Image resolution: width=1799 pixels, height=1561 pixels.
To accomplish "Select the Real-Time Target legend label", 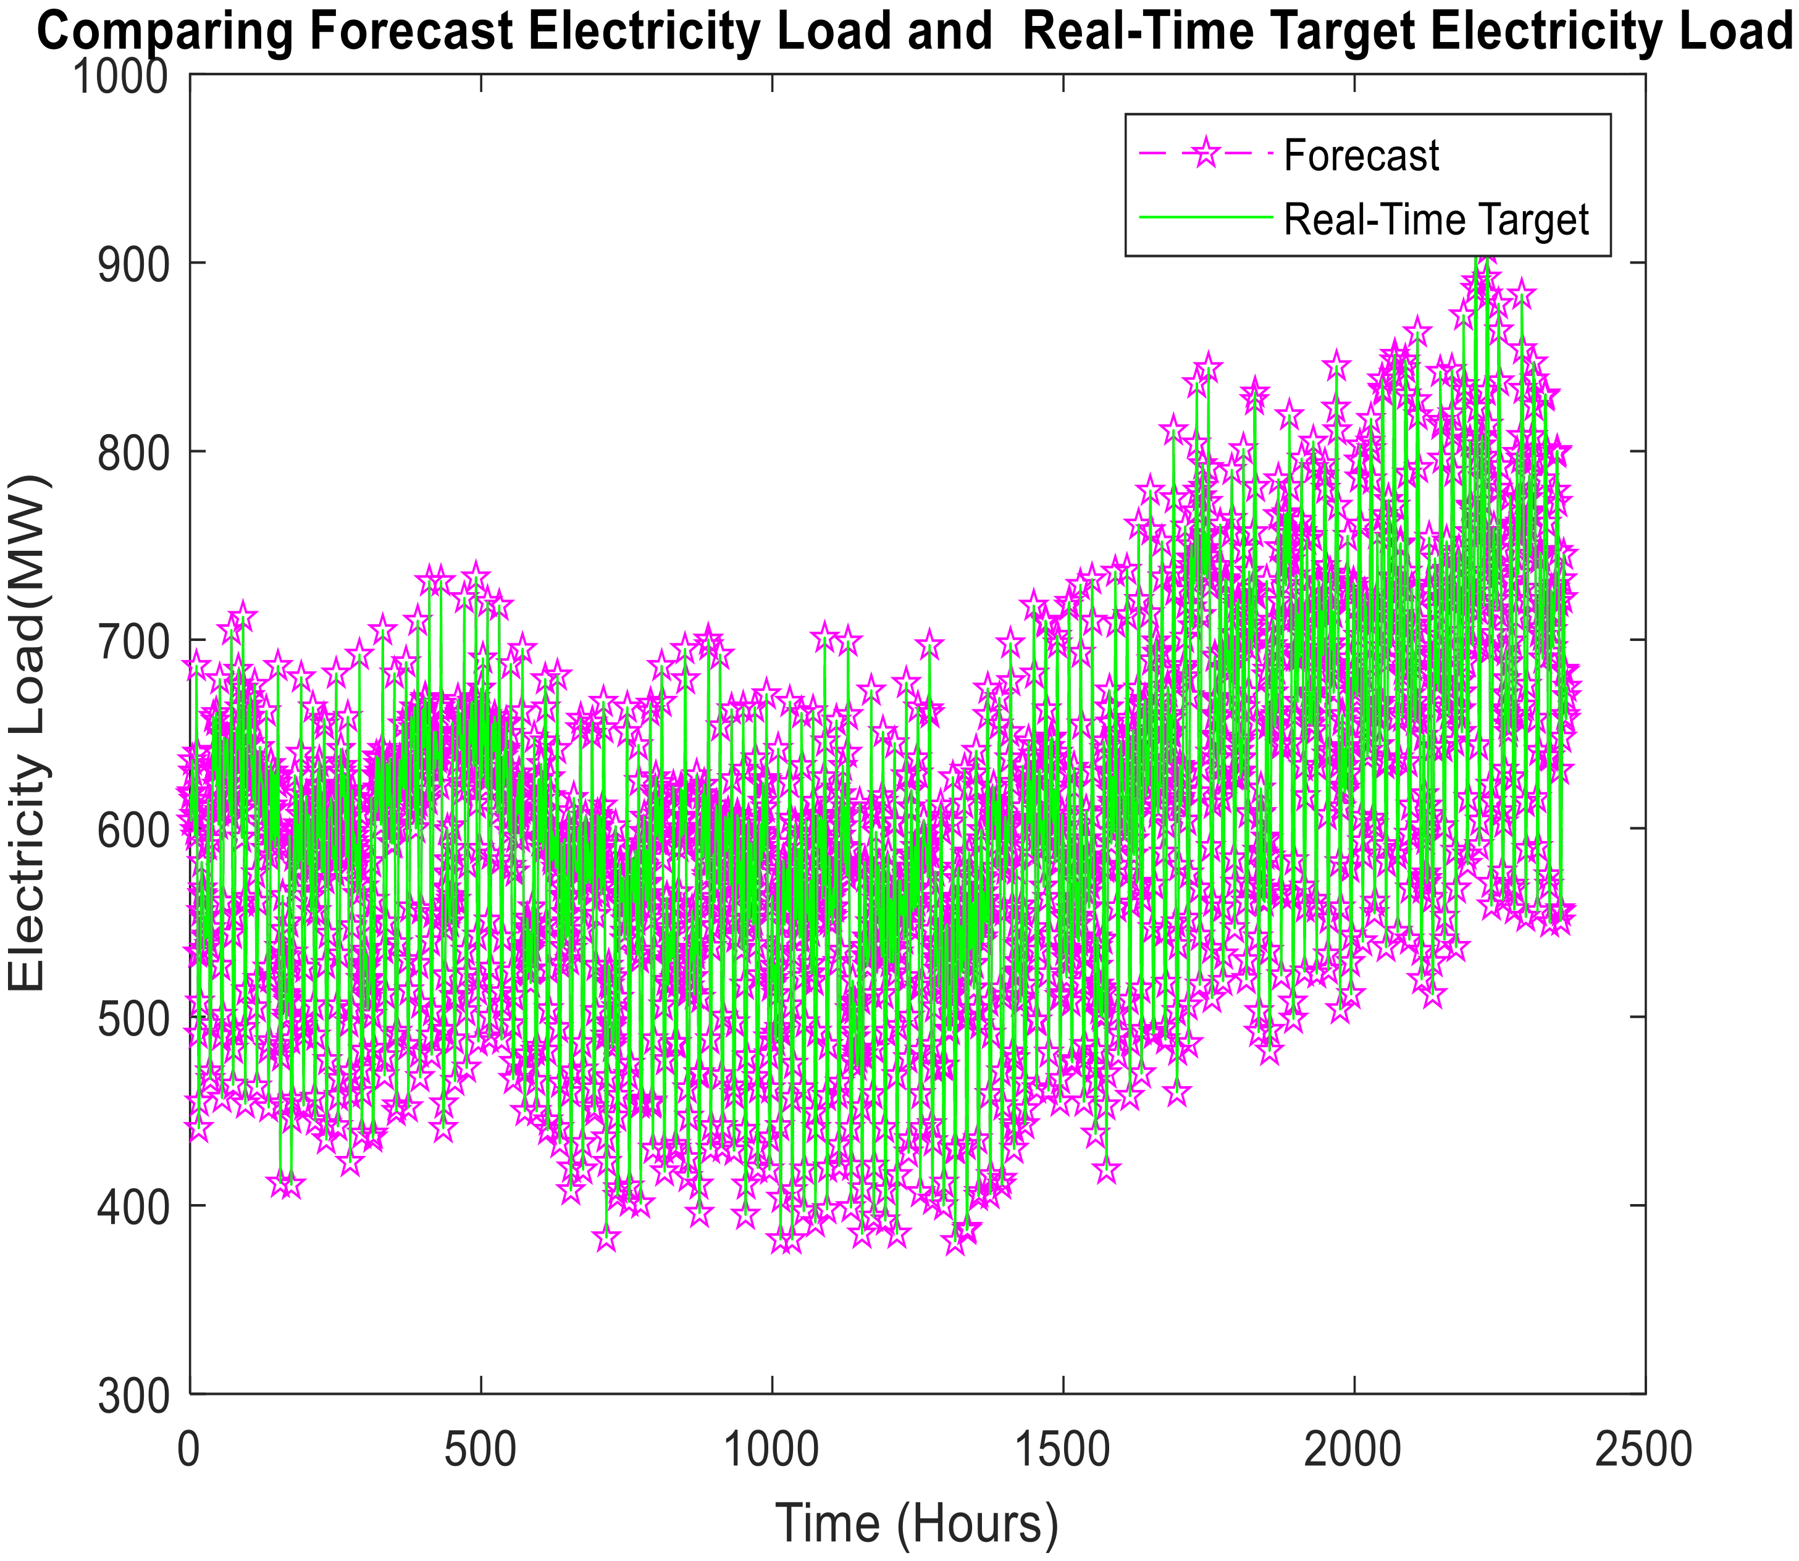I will tap(1436, 220).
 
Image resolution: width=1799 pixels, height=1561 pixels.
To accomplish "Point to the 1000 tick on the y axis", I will tap(119, 77).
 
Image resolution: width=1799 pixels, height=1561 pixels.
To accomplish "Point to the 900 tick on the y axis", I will tap(131, 264).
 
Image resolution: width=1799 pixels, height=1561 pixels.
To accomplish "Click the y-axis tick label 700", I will tap(131, 640).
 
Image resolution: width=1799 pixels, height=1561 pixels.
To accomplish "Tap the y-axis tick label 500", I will tap(131, 1016).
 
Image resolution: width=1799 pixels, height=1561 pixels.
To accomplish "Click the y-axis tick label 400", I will tap(131, 1205).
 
